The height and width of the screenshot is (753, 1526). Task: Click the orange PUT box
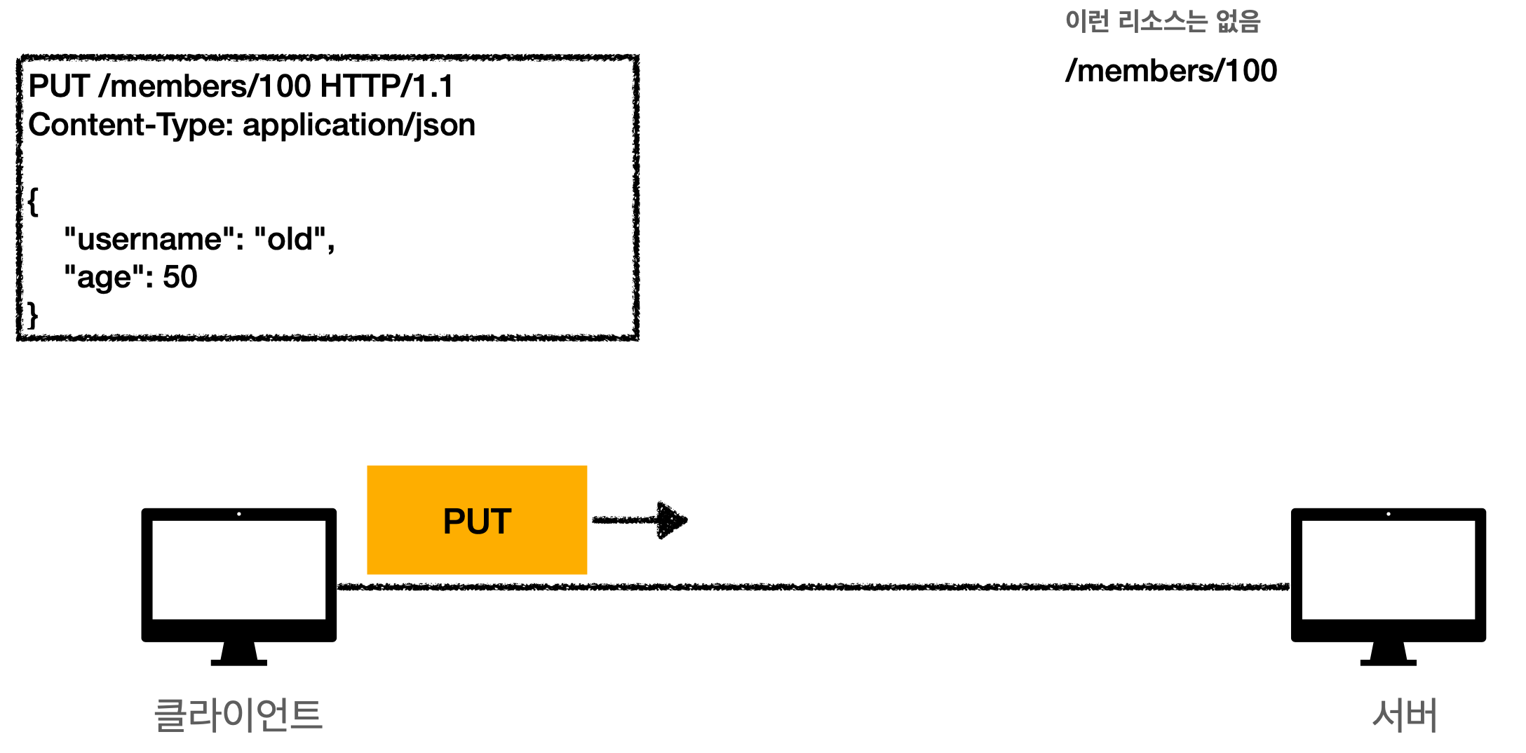(477, 520)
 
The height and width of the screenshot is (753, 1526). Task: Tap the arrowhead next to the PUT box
(672, 520)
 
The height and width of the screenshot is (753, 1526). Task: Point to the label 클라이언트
(238, 715)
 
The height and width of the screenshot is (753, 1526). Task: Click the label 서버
(1405, 715)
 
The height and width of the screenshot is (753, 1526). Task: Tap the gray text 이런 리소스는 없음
(1162, 21)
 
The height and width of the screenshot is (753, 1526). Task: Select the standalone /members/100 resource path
(1171, 71)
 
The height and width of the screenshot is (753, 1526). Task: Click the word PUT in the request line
(59, 86)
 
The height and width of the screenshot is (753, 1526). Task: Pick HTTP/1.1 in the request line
(386, 86)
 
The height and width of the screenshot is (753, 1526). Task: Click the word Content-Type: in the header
(130, 125)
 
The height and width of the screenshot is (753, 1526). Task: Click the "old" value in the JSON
(290, 239)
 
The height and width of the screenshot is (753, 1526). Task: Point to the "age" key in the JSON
(108, 278)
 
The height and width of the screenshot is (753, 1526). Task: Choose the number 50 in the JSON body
(180, 277)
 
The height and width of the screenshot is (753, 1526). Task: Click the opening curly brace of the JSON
(33, 202)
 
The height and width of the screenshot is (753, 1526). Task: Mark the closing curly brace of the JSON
(32, 316)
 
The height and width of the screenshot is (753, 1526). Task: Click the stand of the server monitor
(1388, 655)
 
